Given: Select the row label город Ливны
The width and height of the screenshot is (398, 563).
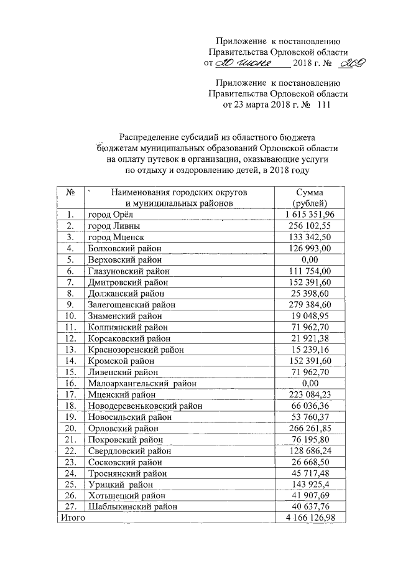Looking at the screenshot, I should [x=114, y=226].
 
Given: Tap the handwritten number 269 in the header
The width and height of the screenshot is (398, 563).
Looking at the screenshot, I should [x=352, y=63].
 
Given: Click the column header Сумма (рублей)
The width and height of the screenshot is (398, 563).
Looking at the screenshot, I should [x=310, y=198].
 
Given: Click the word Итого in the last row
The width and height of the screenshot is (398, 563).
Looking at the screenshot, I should [x=72, y=518].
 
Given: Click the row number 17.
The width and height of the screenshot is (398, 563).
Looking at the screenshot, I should [x=70, y=394].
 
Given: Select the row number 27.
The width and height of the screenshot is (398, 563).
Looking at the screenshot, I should [x=70, y=506].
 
